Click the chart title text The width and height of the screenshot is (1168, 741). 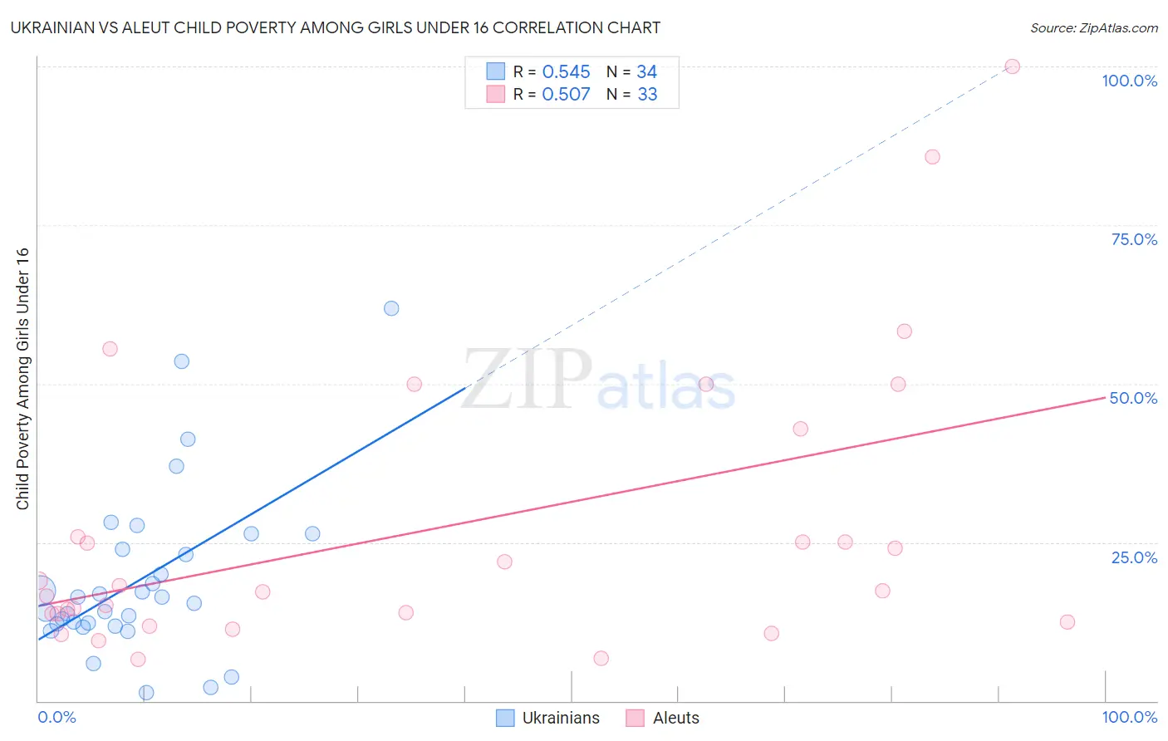335,27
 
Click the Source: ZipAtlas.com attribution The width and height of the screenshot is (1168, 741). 1093,28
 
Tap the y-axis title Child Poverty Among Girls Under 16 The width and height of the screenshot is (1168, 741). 22,379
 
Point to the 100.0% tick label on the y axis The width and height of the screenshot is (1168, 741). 1129,81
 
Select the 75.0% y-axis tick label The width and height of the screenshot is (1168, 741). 1134,239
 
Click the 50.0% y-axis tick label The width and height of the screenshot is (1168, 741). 1133,398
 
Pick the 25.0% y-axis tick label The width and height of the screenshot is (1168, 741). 1134,557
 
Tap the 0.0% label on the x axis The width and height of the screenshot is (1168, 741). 56,717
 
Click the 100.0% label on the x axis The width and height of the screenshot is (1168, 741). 1129,717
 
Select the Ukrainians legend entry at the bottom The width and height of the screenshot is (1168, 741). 549,718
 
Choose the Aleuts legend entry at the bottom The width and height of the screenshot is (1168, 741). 664,718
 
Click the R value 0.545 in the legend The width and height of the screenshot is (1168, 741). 566,72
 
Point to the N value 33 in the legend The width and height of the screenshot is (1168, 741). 647,95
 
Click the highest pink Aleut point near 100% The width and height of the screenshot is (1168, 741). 1012,66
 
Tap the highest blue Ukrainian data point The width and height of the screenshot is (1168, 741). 391,308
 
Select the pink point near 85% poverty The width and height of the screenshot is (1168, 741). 932,157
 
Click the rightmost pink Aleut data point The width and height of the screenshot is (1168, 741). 1067,622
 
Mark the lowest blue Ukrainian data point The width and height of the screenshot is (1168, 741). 146,693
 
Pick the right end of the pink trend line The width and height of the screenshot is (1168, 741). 1104,398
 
